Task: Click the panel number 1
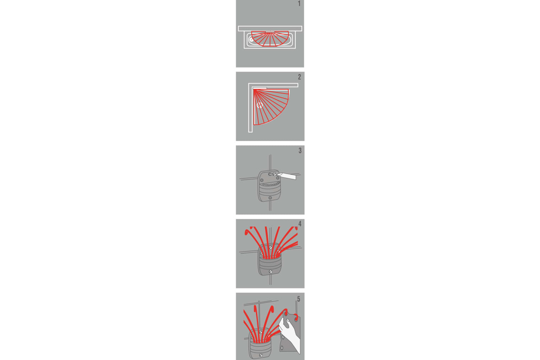299,4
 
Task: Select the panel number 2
300,77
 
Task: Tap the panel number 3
300,150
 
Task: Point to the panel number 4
300,224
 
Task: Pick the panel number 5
299,299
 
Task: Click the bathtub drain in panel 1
251,40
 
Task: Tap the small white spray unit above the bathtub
270,32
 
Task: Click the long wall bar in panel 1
270,28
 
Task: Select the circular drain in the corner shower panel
260,105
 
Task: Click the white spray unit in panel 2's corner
260,88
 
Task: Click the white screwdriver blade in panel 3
287,176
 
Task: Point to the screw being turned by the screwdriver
274,174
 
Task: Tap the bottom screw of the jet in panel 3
270,198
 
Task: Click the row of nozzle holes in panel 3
270,185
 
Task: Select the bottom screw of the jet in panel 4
271,271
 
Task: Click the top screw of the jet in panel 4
271,248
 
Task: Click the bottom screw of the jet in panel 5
261,355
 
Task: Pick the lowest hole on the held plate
282,348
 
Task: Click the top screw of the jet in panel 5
261,332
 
